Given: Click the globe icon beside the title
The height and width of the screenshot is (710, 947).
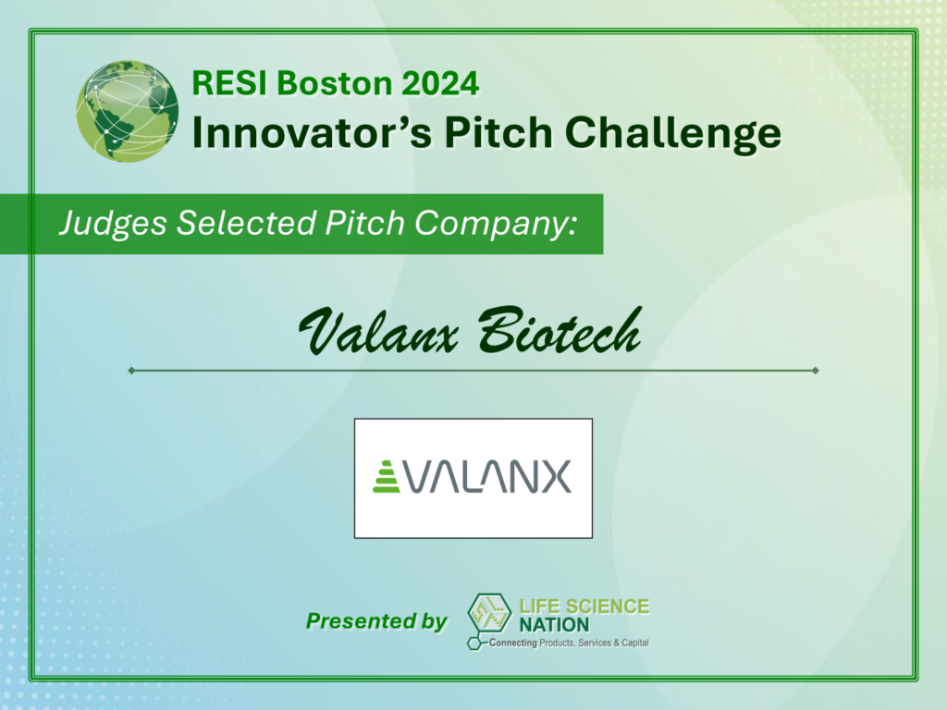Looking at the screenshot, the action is [128, 111].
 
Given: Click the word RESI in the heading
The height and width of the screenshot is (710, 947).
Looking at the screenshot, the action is [229, 83].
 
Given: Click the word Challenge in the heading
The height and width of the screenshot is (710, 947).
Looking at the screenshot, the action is [673, 134].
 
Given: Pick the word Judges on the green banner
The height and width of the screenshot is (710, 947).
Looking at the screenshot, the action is [113, 224].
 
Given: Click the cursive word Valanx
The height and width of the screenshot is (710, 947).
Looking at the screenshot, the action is [378, 331].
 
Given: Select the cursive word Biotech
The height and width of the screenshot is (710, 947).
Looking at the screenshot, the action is [560, 330].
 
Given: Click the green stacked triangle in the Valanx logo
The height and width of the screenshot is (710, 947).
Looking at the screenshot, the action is [387, 477].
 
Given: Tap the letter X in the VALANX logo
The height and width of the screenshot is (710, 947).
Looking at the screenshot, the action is [555, 477].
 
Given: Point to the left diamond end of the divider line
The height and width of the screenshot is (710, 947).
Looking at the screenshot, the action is [131, 370].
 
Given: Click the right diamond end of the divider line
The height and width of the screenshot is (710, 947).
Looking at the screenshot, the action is [816, 370].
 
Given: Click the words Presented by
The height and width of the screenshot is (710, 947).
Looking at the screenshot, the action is [376, 620].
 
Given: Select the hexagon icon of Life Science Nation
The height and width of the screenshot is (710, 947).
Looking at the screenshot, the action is [489, 614].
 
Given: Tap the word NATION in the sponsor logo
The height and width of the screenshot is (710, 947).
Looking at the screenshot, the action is [554, 625].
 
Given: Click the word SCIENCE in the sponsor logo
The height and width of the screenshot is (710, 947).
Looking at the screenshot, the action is [608, 606].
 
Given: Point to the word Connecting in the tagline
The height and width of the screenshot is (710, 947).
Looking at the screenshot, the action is [512, 643].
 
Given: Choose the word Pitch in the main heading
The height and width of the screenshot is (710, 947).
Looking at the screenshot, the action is [498, 133].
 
